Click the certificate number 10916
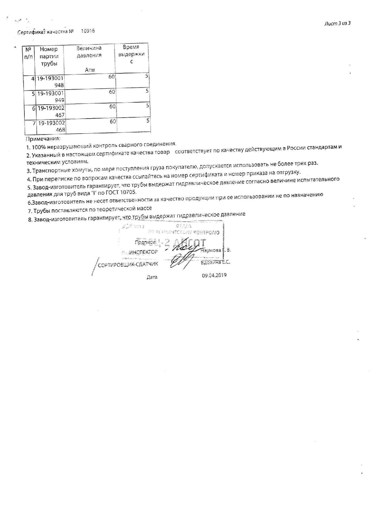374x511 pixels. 88,31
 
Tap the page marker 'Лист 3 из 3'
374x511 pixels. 337,24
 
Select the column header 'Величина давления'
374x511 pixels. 89,52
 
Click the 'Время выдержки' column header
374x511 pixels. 131,54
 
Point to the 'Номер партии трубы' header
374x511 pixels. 49,56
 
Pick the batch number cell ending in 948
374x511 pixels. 50,81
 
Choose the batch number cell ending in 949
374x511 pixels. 50,96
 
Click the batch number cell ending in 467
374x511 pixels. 51,111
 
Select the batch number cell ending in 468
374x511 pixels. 51,126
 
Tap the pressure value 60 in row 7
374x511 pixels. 113,121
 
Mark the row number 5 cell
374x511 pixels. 33,94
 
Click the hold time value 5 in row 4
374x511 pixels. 147,76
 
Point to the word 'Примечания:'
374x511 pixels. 43,139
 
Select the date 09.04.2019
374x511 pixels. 214,275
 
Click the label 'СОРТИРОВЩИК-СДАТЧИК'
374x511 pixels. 128,264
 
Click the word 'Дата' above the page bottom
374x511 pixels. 152,277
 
